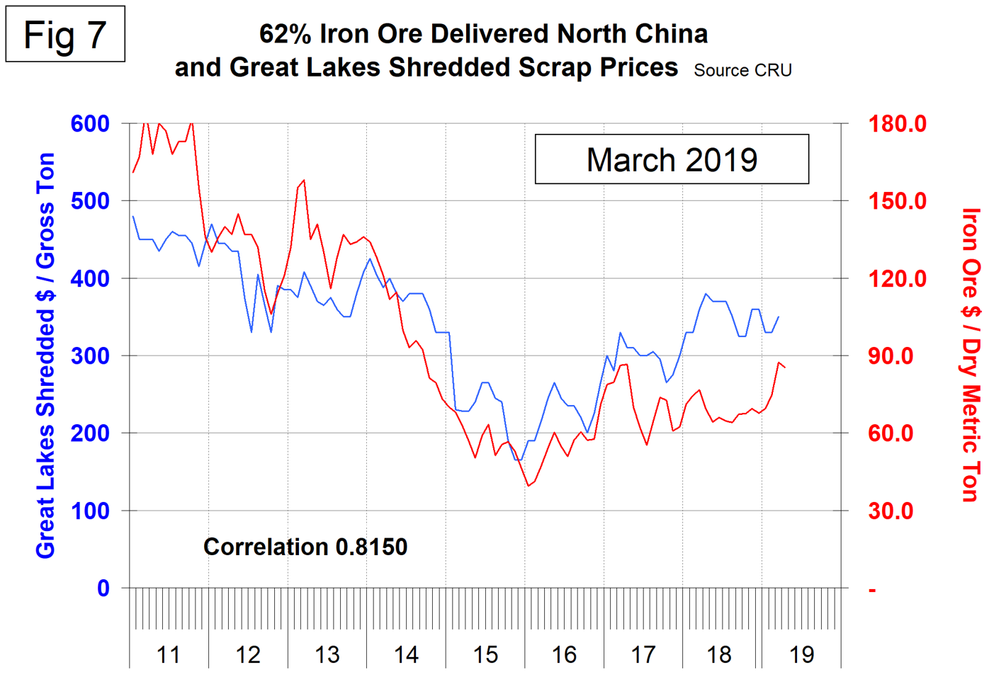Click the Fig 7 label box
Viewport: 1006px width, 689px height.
click(x=65, y=35)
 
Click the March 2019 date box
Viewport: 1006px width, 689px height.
click(x=671, y=159)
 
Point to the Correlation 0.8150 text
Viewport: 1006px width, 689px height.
click(x=305, y=547)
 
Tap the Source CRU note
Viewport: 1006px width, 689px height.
click(x=742, y=70)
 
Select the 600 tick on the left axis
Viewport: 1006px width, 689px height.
click(x=90, y=124)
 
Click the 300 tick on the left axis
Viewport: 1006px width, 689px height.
click(x=90, y=355)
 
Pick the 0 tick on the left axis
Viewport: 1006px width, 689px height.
click(x=103, y=588)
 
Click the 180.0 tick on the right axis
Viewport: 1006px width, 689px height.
click(x=897, y=124)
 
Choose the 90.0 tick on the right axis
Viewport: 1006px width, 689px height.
click(x=891, y=355)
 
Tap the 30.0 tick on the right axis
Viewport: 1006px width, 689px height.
click(x=891, y=511)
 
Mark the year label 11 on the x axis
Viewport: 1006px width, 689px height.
click(x=169, y=655)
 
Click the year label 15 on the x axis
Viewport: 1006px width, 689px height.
click(x=485, y=655)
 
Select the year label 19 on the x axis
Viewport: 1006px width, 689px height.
click(x=801, y=655)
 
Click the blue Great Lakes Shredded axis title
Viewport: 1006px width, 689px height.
click(x=45, y=355)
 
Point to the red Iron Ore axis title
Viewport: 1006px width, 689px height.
click(x=971, y=355)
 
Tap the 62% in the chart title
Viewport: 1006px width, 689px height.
click(x=286, y=33)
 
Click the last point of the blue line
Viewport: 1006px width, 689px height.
click(x=779, y=317)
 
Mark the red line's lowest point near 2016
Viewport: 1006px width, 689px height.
click(x=528, y=486)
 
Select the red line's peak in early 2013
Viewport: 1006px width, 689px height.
click(x=304, y=180)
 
